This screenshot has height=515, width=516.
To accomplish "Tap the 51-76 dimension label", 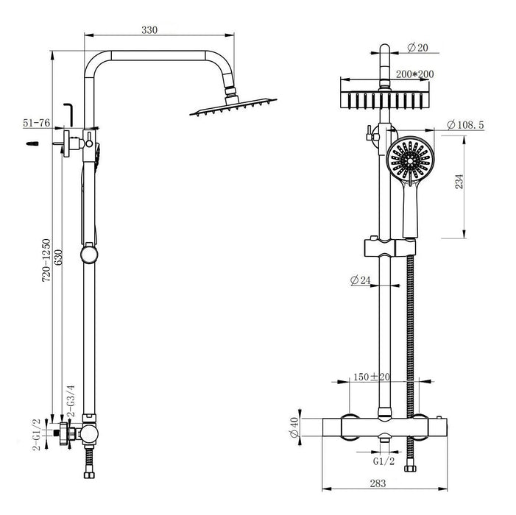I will (36, 124).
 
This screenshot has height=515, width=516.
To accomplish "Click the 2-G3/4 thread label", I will (71, 400).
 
